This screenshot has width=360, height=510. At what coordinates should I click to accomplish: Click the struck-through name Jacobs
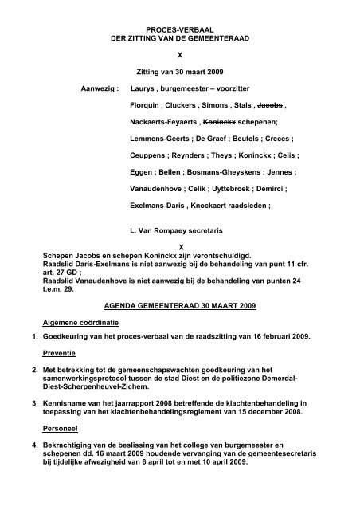[x=269, y=105]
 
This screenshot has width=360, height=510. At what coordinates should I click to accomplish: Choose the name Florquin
[x=147, y=105]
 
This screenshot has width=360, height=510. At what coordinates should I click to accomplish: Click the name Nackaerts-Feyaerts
[x=164, y=123]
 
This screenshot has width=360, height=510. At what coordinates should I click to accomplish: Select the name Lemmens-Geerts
[x=158, y=140]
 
